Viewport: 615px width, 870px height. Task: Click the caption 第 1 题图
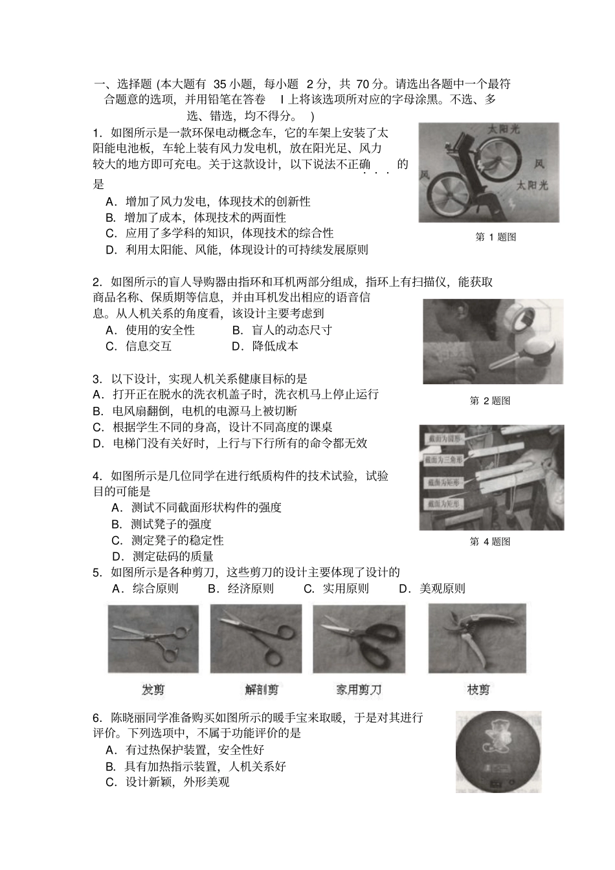click(495, 237)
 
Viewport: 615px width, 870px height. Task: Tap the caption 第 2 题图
click(489, 400)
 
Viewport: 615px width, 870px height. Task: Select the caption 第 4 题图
click(489, 541)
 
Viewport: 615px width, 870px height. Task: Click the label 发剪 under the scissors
click(153, 690)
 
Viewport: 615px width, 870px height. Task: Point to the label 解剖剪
click(262, 690)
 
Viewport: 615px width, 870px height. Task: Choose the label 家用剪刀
click(358, 690)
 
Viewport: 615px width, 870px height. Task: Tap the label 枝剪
click(478, 690)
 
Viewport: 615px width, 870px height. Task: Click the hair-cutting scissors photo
click(153, 639)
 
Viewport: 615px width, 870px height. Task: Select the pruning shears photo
click(477, 638)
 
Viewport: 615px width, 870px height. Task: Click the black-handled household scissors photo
click(359, 639)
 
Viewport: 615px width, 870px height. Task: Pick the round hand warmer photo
click(498, 752)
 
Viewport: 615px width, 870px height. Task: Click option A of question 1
click(207, 201)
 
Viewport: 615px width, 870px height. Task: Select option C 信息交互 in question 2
click(139, 346)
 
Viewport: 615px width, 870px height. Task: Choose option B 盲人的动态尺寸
click(282, 330)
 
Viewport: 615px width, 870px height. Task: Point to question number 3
click(97, 379)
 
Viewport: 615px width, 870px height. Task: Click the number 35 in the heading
click(219, 83)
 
